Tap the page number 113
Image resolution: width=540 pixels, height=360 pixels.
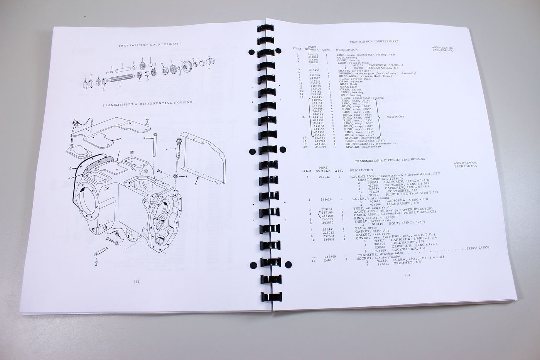point(407,275)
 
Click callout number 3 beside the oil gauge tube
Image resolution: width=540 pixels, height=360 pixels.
point(144,138)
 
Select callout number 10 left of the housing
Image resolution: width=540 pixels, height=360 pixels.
point(70,168)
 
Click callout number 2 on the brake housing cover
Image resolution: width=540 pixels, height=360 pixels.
point(120,139)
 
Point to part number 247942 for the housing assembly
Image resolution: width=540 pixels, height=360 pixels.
point(323,177)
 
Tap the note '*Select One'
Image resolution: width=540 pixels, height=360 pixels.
point(395,117)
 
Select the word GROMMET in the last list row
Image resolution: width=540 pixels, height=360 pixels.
point(394,265)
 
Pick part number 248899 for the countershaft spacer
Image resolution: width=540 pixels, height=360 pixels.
point(321,147)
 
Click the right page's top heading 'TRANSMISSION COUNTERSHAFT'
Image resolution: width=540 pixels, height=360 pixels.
point(374,41)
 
